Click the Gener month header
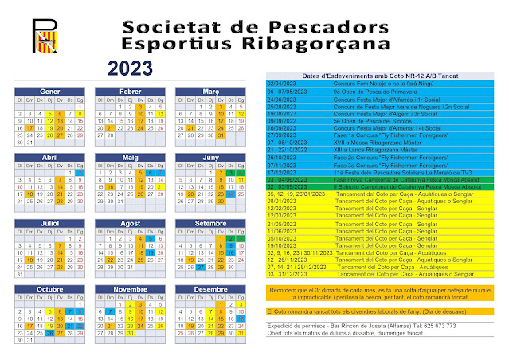50,92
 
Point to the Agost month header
129,223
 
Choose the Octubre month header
50,288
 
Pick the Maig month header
129,158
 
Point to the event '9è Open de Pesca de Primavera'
367,92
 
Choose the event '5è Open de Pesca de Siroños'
365,121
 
